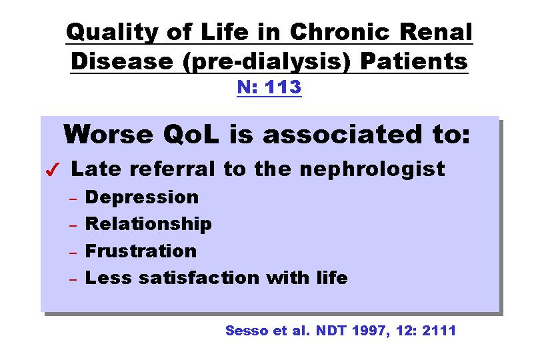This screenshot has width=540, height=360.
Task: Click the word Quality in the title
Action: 111,33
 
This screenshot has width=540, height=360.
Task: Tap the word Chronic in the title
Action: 340,31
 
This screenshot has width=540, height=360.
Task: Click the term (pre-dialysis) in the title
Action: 267,62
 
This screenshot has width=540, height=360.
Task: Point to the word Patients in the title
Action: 413,61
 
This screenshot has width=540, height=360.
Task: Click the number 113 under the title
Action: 283,87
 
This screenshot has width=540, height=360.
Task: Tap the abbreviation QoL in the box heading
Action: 191,134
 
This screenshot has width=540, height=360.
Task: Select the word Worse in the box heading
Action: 108,134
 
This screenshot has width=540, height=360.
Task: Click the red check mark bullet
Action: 53,169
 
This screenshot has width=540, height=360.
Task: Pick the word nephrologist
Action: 372,169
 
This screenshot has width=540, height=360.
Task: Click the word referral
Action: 172,169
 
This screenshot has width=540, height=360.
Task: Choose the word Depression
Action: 142,198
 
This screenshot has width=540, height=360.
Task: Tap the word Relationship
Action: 148,224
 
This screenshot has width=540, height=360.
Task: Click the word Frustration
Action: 141,251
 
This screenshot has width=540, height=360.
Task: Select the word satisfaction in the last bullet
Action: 199,277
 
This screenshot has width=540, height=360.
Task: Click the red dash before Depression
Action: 73,199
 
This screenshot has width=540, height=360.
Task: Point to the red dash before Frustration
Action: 73,253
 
